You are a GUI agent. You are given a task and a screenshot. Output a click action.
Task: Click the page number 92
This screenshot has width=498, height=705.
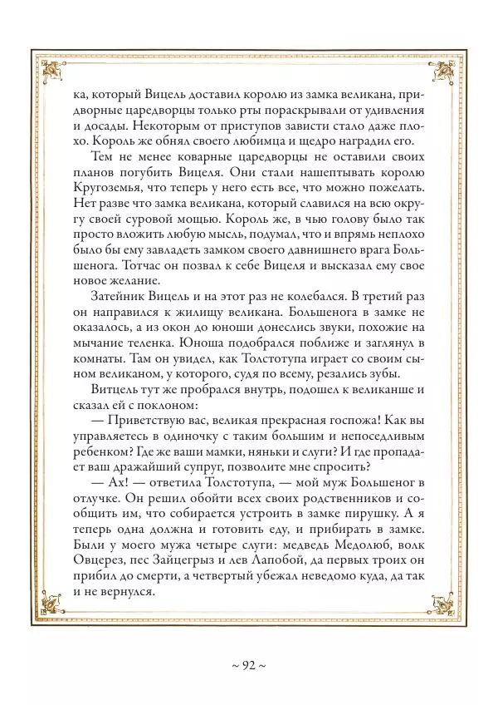(248, 665)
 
